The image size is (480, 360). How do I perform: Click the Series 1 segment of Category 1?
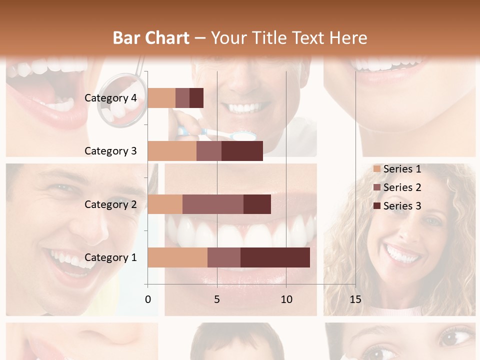177,257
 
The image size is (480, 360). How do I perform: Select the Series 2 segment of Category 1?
224,257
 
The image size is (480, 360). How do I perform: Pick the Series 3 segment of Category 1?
275,257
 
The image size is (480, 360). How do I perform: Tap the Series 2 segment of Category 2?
213,204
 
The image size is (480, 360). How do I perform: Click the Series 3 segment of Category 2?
257,204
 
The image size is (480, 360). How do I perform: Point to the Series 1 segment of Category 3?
172,151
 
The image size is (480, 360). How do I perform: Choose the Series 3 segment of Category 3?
242,151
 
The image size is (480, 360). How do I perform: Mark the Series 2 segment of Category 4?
182,98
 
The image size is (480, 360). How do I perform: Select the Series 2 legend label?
402,187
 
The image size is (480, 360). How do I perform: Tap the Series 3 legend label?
402,206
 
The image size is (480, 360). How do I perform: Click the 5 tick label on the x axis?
217,299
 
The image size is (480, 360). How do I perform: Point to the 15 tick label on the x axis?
355,299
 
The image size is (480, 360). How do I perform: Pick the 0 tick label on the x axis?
148,299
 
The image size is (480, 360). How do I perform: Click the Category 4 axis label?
110,98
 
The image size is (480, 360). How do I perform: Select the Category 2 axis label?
110,204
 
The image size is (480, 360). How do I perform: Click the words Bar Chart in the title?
151,37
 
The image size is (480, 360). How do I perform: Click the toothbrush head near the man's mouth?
245,134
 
